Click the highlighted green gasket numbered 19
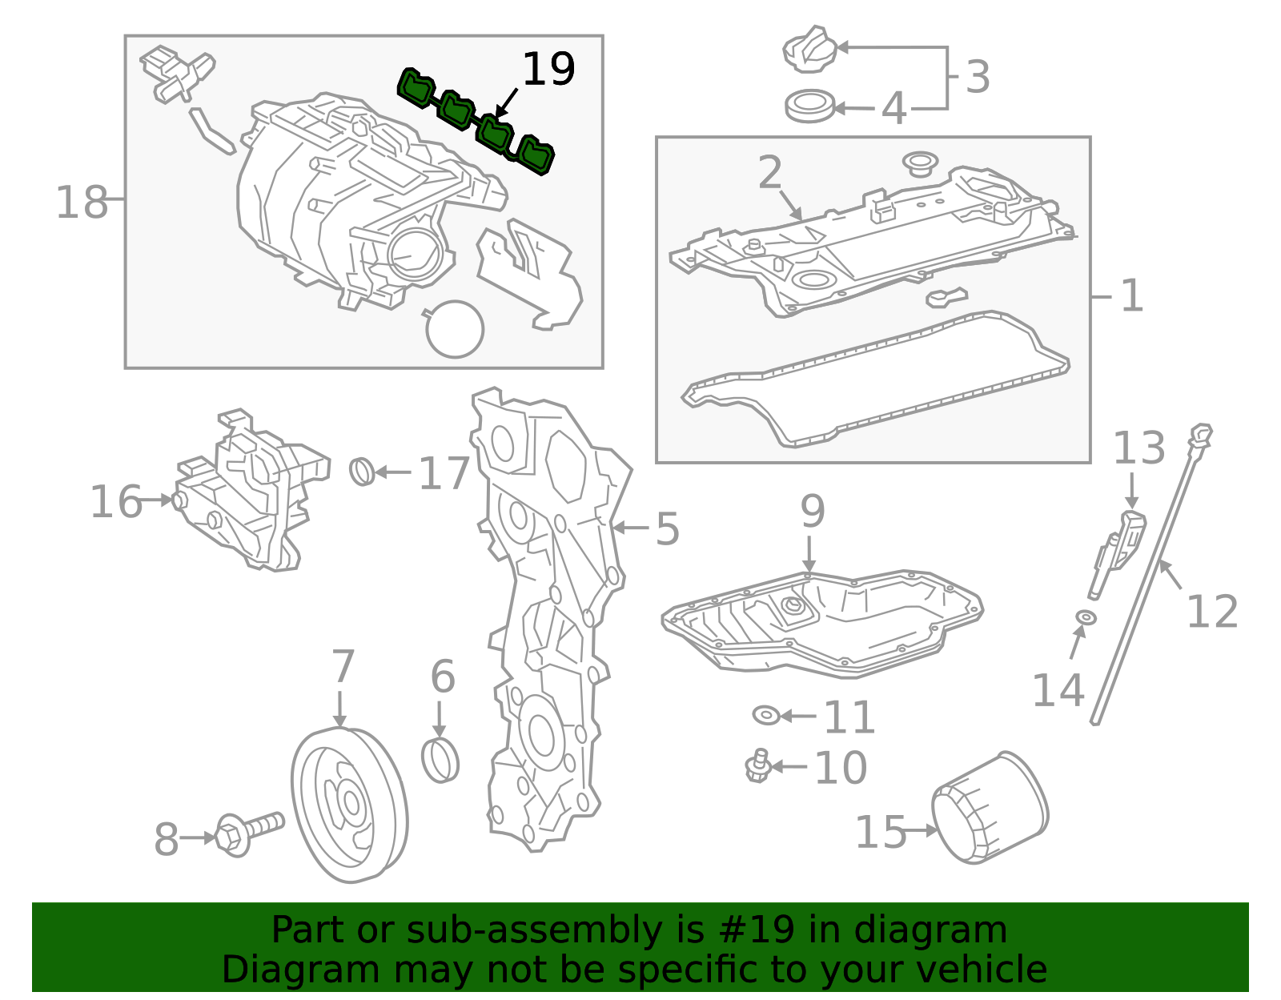[x=476, y=122]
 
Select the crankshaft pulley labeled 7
[x=349, y=805]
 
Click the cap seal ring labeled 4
[x=809, y=106]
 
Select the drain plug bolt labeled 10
[x=757, y=767]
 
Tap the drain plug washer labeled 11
[x=765, y=715]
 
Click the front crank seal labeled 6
[x=440, y=760]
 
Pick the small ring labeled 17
[x=362, y=472]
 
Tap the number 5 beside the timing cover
[x=667, y=529]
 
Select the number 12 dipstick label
[x=1211, y=612]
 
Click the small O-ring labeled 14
[x=1086, y=617]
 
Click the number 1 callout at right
[x=1131, y=295]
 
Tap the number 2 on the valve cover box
[x=769, y=172]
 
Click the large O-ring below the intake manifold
[x=455, y=328]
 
